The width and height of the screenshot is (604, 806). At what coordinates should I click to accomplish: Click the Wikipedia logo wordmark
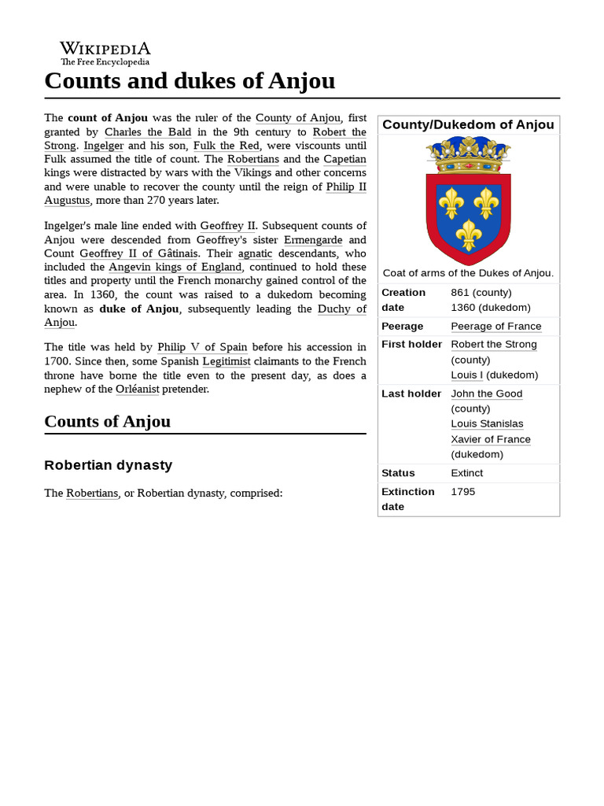pos(105,49)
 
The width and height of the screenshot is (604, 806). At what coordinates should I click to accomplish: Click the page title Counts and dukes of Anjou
pos(190,80)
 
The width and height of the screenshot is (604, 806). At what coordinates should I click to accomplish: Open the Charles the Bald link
pos(148,131)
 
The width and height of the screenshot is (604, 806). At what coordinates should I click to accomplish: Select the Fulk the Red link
pos(226,146)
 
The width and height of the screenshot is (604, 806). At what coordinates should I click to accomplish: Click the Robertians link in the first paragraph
pos(252,159)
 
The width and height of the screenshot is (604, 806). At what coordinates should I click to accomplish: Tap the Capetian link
pos(344,159)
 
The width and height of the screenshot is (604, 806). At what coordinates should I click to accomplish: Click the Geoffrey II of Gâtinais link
pos(139,253)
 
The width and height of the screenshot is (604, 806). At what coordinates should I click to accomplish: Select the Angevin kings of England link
pos(175,267)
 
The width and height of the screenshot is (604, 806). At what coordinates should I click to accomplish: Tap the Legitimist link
pos(226,360)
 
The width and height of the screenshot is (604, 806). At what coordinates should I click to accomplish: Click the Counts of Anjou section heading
pos(107,421)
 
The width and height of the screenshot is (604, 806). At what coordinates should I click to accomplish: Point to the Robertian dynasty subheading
pos(108,465)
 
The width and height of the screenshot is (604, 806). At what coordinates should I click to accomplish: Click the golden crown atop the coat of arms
pos(468,156)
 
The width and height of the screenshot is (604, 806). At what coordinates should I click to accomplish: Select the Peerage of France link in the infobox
pos(495,326)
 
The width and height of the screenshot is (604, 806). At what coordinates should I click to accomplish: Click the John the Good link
pos(486,394)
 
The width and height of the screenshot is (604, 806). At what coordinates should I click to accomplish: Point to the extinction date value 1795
pos(462,491)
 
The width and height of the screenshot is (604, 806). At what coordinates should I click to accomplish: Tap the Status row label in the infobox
pos(398,473)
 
